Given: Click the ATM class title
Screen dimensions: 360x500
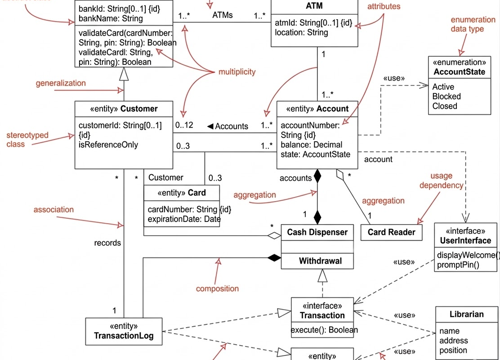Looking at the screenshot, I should pyautogui.click(x=314, y=6).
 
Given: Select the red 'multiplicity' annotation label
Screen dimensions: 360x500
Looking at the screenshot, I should pyautogui.click(x=237, y=72).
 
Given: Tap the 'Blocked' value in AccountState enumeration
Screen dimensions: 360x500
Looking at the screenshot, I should pyautogui.click(x=446, y=96).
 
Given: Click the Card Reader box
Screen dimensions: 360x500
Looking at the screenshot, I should pyautogui.click(x=392, y=232).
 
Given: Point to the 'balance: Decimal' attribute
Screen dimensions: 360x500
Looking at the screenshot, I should pyautogui.click(x=311, y=145).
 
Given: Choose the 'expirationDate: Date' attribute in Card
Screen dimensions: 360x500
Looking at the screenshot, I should pyautogui.click(x=184, y=219).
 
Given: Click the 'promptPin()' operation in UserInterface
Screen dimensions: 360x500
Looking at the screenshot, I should pyautogui.click(x=458, y=265).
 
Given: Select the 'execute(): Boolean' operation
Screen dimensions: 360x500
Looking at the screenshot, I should pyautogui.click(x=324, y=330).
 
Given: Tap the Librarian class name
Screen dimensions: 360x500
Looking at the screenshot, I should pyautogui.click(x=466, y=314).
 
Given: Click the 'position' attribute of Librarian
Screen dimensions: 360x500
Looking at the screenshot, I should pyautogui.click(x=453, y=350).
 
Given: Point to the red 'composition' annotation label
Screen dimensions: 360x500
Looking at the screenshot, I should pyautogui.click(x=217, y=289).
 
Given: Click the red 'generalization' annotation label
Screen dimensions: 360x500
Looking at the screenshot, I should pyautogui.click(x=60, y=83).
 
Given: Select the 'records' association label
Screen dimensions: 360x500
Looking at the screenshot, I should pyautogui.click(x=107, y=243).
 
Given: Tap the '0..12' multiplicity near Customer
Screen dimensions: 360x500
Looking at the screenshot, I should pyautogui.click(x=184, y=125).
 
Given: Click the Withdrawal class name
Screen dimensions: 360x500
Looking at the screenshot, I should pyautogui.click(x=320, y=261).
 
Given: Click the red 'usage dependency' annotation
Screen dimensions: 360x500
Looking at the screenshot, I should pyautogui.click(x=441, y=180).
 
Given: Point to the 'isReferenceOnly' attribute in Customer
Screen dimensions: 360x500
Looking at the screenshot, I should pyautogui.click(x=108, y=145).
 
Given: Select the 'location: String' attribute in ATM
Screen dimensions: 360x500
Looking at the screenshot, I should pyautogui.click(x=301, y=32).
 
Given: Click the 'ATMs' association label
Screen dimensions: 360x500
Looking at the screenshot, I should pyautogui.click(x=222, y=15).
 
